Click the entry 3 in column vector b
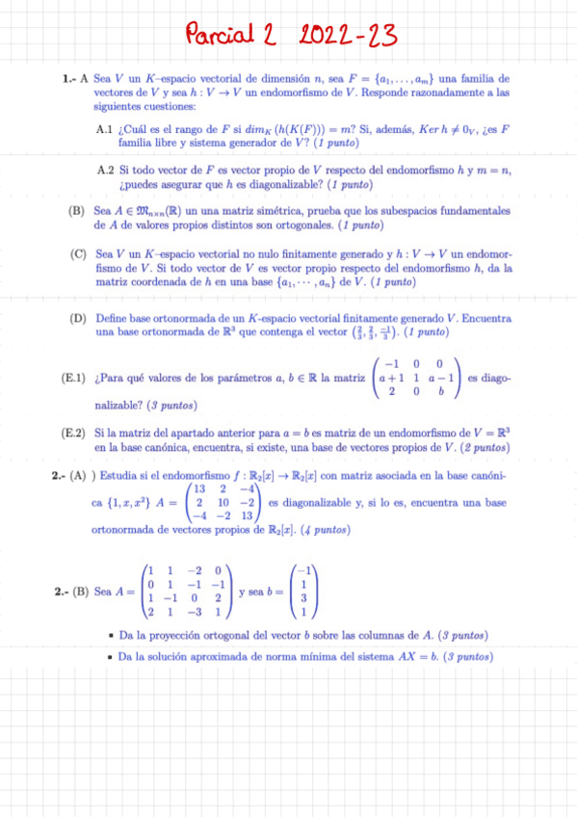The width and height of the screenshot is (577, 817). point(303,596)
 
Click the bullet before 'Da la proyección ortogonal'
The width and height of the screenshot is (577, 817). point(114,637)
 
